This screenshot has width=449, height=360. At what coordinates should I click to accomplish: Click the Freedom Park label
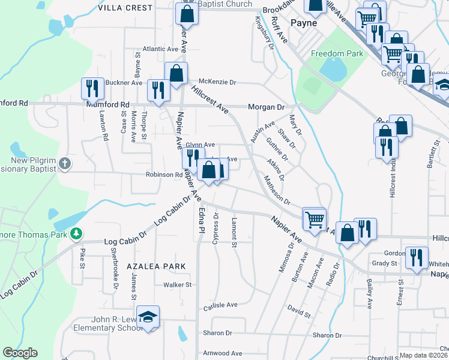click(x=337, y=53)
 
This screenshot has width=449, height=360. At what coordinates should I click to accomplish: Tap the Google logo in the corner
click(x=20, y=353)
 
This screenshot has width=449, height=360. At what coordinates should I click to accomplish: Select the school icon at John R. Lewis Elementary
click(x=148, y=317)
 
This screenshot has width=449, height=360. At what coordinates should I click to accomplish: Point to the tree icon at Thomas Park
click(x=76, y=233)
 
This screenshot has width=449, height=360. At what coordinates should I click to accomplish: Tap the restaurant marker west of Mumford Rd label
click(x=92, y=89)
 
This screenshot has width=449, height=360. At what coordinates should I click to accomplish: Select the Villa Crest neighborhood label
click(x=125, y=8)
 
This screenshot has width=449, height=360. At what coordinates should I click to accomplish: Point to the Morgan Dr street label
click(x=266, y=107)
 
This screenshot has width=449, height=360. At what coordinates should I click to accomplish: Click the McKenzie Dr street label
click(x=217, y=82)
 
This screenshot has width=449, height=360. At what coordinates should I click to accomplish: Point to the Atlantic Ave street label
click(x=160, y=49)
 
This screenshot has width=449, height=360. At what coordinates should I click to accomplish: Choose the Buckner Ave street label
click(x=124, y=82)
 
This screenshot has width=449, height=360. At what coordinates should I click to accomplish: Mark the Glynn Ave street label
click(x=200, y=145)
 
